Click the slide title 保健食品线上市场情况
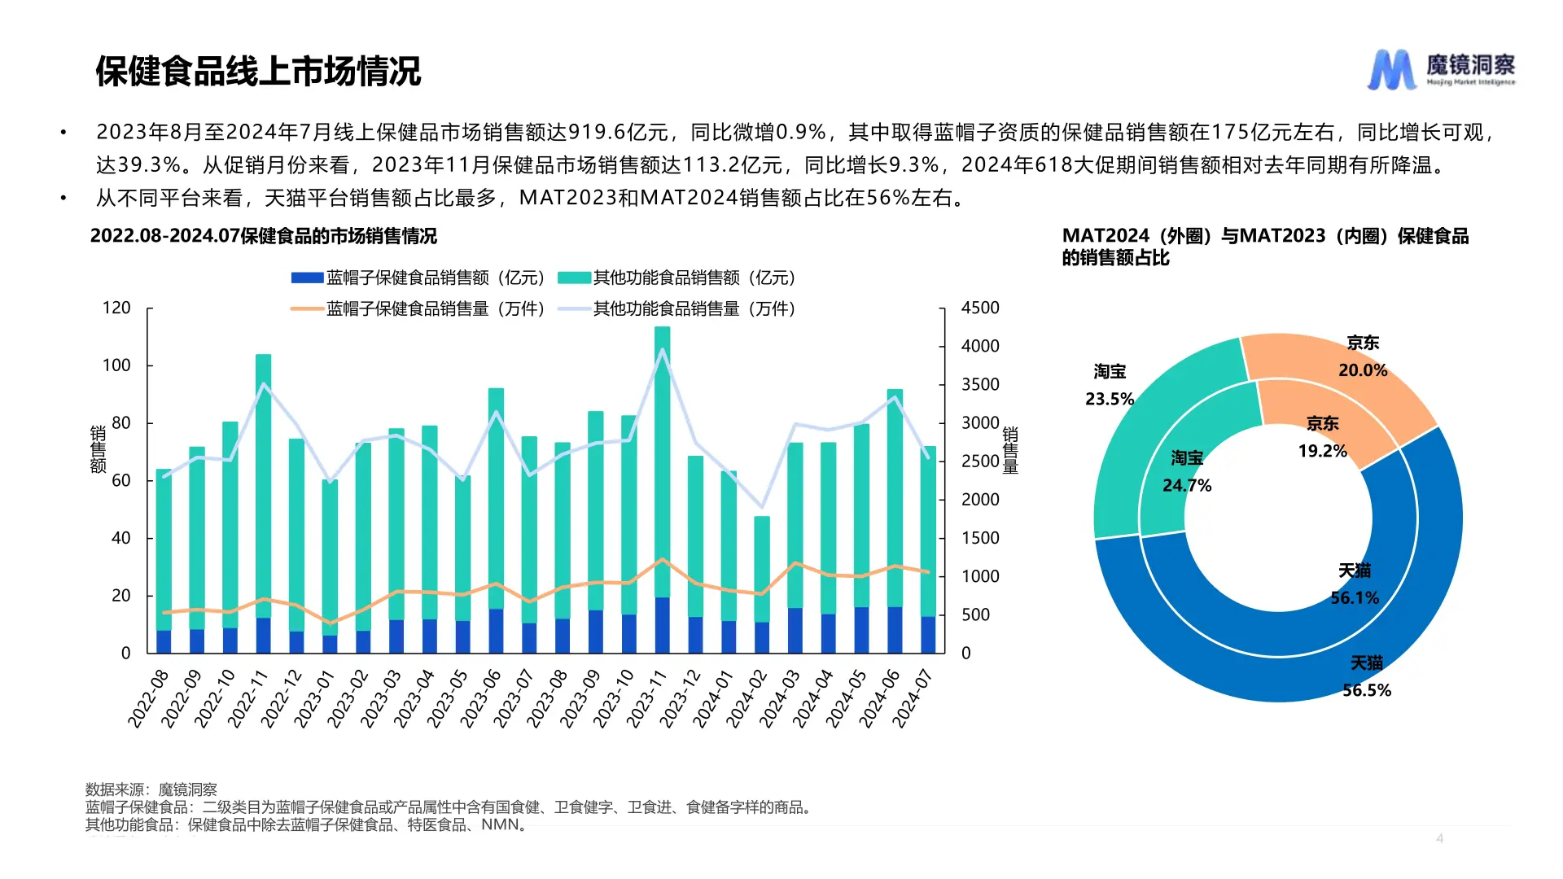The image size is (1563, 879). point(258,72)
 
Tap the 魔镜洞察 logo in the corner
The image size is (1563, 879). point(1441,69)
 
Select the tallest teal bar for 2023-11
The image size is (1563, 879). point(662,456)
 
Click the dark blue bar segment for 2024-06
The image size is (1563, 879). point(895,630)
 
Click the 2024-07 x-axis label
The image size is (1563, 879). point(912,698)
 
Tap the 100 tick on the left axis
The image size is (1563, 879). point(116,365)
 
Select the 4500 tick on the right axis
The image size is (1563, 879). point(979,308)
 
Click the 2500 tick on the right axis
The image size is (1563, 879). point(979,461)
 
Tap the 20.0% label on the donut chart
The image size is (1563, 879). point(1363,370)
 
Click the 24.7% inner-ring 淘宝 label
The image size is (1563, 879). point(1187,486)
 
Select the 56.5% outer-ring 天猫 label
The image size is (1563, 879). point(1366,691)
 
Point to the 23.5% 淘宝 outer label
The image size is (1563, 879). point(1110,399)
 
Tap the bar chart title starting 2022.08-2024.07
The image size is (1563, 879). point(263,236)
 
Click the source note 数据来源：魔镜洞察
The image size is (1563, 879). point(151,789)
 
